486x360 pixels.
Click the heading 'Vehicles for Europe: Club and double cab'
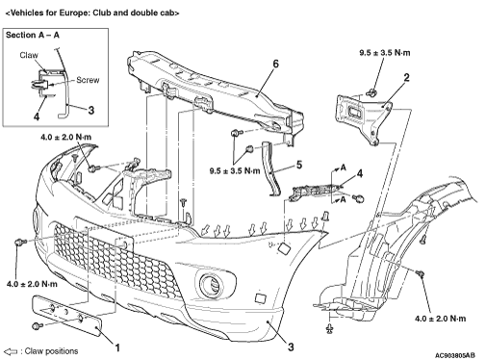pyautogui.click(x=92, y=13)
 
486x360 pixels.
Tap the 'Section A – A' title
pyautogui.click(x=33, y=35)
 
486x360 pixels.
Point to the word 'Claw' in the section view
pyautogui.click(x=29, y=55)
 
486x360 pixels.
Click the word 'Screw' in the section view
pyautogui.click(x=88, y=80)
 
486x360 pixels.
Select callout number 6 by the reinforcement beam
pyautogui.click(x=275, y=64)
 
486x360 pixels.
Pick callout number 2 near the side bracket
pyautogui.click(x=406, y=77)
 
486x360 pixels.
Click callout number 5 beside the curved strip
pyautogui.click(x=299, y=165)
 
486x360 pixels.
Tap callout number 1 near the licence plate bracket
pyautogui.click(x=117, y=347)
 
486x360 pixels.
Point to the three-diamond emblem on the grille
pyautogui.click(x=115, y=193)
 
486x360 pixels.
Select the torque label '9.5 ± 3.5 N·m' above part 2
pyautogui.click(x=385, y=52)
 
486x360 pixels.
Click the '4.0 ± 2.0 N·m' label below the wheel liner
pyautogui.click(x=440, y=319)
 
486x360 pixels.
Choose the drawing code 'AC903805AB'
pyautogui.click(x=455, y=355)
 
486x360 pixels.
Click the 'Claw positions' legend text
pyautogui.click(x=51, y=351)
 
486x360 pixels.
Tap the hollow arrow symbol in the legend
pyautogui.click(x=11, y=351)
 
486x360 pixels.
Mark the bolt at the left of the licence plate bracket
pyautogui.click(x=38, y=325)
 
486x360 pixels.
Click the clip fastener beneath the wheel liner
pyautogui.click(x=329, y=328)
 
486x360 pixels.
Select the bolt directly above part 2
pyautogui.click(x=372, y=92)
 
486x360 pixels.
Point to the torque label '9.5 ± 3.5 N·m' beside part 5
pyautogui.click(x=235, y=170)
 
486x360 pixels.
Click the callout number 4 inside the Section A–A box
pyautogui.click(x=37, y=116)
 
